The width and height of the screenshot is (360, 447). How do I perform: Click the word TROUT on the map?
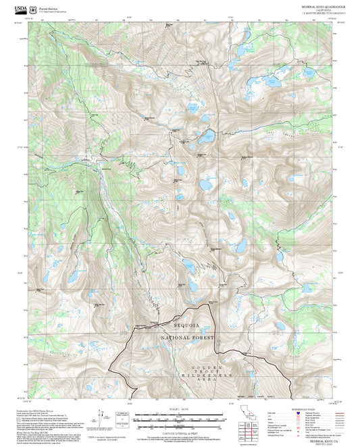pos(209,370)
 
